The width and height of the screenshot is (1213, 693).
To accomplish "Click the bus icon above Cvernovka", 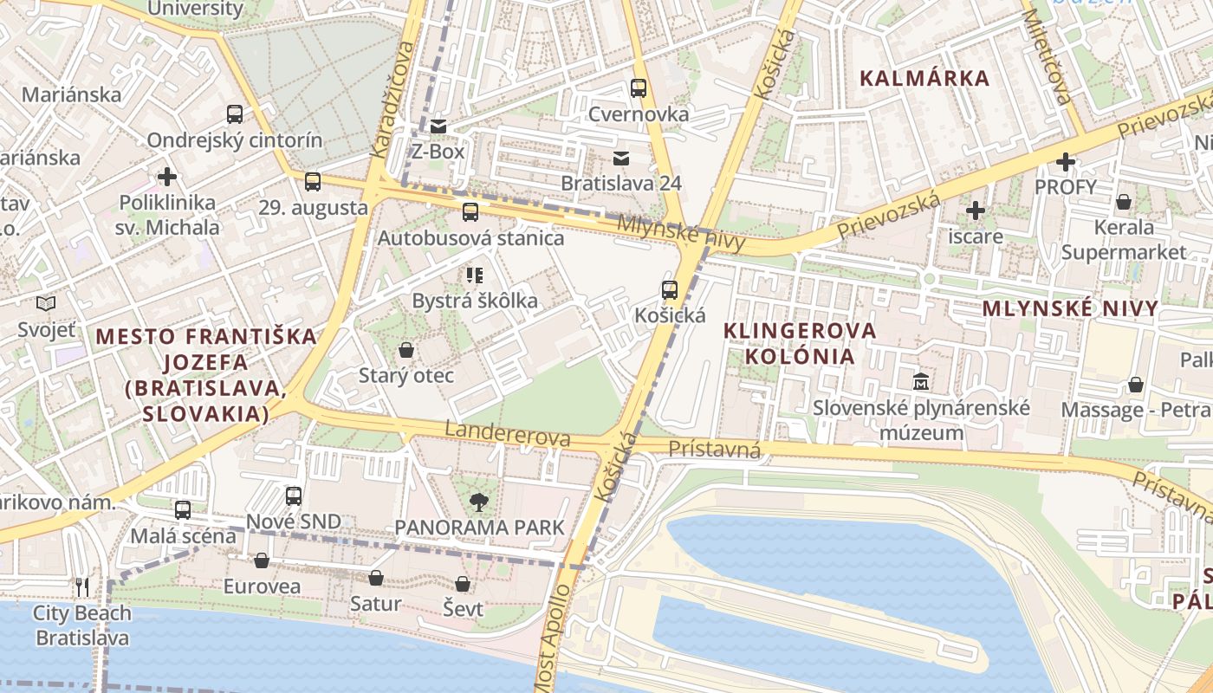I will click(x=639, y=87).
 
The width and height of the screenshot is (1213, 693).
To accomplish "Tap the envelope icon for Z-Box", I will click(x=438, y=126).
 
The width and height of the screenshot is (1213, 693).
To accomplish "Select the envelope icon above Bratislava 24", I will click(x=621, y=158).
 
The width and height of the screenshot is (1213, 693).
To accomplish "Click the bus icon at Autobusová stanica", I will click(x=470, y=211).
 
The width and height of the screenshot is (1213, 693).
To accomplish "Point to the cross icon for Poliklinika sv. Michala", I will click(x=167, y=177).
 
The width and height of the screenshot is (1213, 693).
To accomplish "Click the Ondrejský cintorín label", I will click(x=234, y=140).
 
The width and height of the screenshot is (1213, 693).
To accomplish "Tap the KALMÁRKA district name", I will click(x=924, y=78).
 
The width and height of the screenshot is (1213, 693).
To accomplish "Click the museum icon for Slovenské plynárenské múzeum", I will click(x=920, y=381).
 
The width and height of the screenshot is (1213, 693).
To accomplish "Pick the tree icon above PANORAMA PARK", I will click(x=477, y=501).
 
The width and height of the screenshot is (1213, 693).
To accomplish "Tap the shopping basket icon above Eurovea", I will click(x=262, y=560).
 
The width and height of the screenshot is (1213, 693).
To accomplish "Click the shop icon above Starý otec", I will click(x=405, y=350).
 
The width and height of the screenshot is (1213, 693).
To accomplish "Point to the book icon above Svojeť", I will click(x=46, y=303).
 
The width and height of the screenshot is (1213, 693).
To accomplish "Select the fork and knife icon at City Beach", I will click(x=82, y=587).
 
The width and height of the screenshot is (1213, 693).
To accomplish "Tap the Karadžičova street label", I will click(x=393, y=98).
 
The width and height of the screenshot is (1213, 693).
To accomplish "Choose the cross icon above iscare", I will click(x=976, y=210).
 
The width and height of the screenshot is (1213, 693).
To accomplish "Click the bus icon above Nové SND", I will click(x=294, y=495).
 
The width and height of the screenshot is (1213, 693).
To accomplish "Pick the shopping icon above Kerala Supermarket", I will click(x=1124, y=202).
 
